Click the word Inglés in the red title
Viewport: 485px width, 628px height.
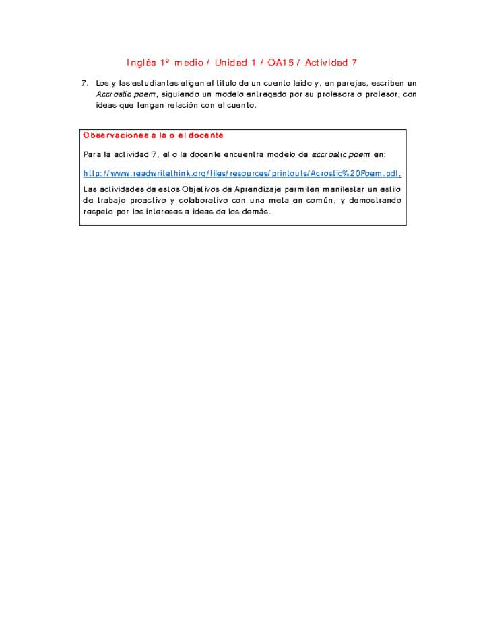click(141, 63)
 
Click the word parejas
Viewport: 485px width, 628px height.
click(344, 83)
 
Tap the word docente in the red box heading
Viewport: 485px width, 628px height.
click(206, 135)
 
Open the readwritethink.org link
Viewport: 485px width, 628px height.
click(242, 173)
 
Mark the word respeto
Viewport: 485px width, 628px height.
click(98, 211)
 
